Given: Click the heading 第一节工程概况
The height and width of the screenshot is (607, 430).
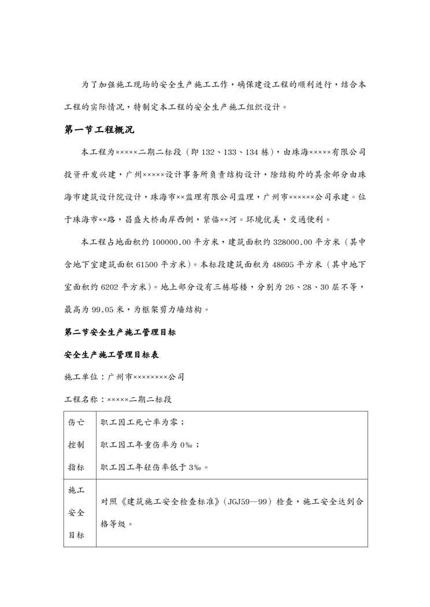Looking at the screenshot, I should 99,129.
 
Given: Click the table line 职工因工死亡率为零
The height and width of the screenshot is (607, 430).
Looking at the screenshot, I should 142,422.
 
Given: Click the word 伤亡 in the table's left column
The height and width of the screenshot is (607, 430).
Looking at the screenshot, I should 76,422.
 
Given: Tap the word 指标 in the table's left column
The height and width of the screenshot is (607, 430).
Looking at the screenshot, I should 76,467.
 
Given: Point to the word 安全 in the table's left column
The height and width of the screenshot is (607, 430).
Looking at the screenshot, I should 76,512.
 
